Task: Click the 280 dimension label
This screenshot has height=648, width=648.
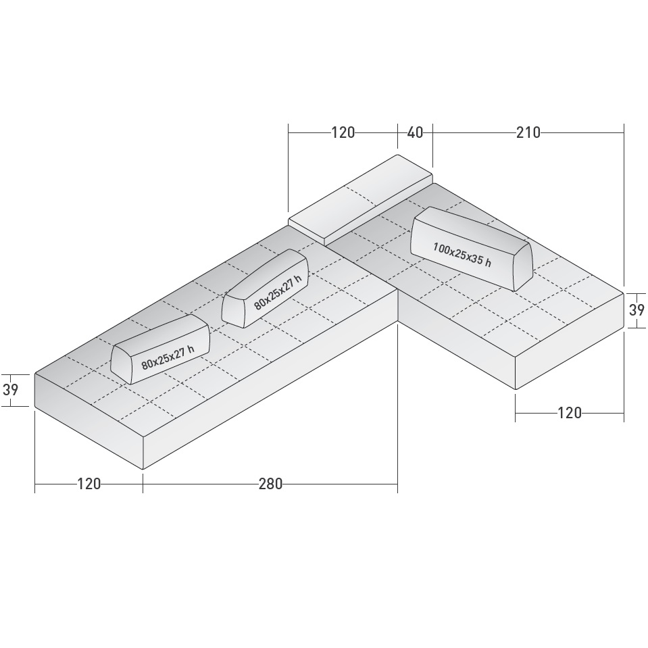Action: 270,484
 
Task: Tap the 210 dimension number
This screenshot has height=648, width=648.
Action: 528,132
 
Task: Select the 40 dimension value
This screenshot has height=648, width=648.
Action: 415,132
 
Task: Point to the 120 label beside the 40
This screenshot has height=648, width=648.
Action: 343,132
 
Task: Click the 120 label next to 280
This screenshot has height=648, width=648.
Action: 89,484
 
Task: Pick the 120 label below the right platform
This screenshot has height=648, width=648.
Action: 570,413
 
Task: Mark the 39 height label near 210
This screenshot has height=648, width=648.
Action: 637,310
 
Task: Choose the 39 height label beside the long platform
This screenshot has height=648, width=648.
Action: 10,391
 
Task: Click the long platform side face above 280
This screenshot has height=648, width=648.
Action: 270,392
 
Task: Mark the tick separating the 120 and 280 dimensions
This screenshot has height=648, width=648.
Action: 143,484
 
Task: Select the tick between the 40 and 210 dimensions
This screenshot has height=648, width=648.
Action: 432,132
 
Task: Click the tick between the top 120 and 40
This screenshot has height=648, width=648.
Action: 397,132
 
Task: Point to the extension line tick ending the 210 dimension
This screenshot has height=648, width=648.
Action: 624,132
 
